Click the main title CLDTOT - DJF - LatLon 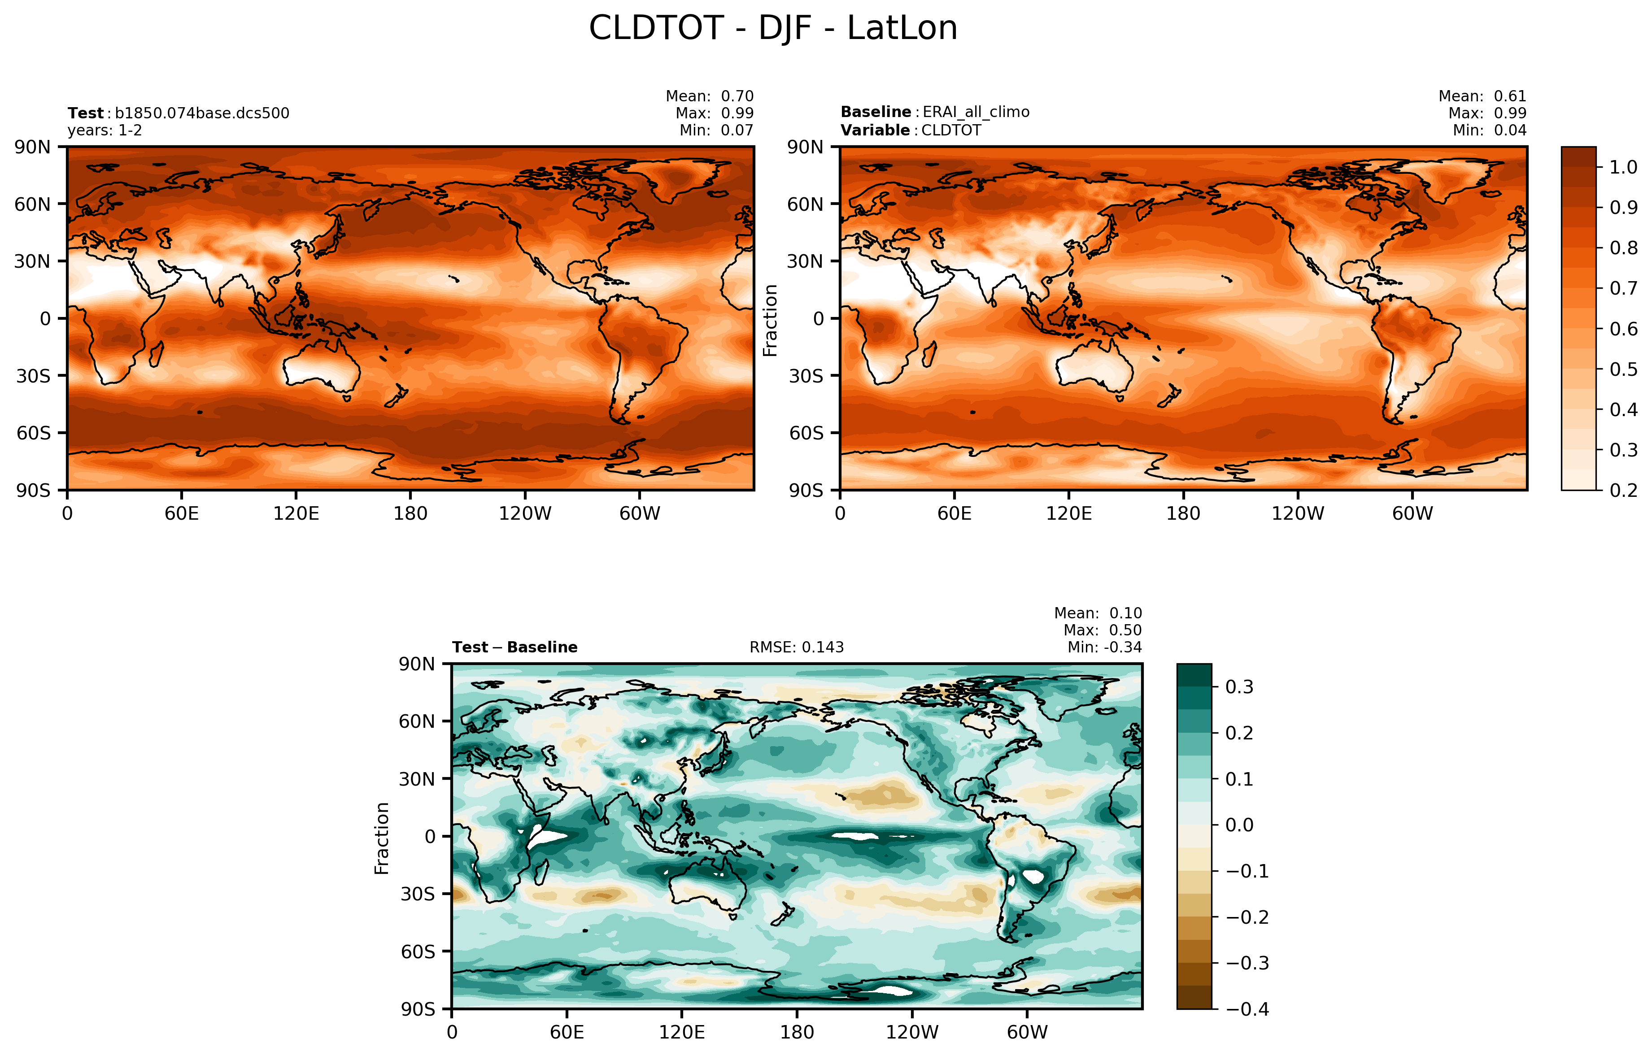tap(773, 29)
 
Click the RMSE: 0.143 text tap(797, 648)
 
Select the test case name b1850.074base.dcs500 tap(202, 113)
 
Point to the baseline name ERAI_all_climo tap(976, 112)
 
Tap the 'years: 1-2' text tap(105, 130)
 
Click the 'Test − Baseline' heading tap(514, 648)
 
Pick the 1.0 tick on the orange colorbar tap(1623, 167)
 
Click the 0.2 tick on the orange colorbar tap(1623, 490)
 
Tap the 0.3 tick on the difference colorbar tap(1239, 687)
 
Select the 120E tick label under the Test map tap(296, 513)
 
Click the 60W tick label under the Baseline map tap(1412, 513)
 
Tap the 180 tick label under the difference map tap(797, 1032)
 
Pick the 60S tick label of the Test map tap(33, 433)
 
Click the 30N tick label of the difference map tap(417, 779)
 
